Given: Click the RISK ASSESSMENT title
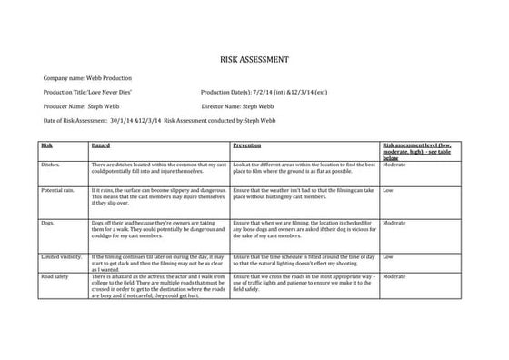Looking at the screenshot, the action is point(254,59).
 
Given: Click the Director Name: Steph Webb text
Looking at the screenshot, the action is point(237,106).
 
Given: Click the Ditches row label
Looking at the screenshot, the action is point(51,165).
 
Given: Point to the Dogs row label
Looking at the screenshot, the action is point(48,223).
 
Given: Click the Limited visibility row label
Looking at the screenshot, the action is point(62,257).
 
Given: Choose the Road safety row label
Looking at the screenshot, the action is point(55,276).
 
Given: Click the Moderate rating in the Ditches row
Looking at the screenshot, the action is point(394,165).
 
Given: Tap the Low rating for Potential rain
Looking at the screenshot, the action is point(388,190).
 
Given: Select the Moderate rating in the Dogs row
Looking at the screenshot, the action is point(394,223).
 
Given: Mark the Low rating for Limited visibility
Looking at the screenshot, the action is point(388,257).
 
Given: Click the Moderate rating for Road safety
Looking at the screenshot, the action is point(394,276).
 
